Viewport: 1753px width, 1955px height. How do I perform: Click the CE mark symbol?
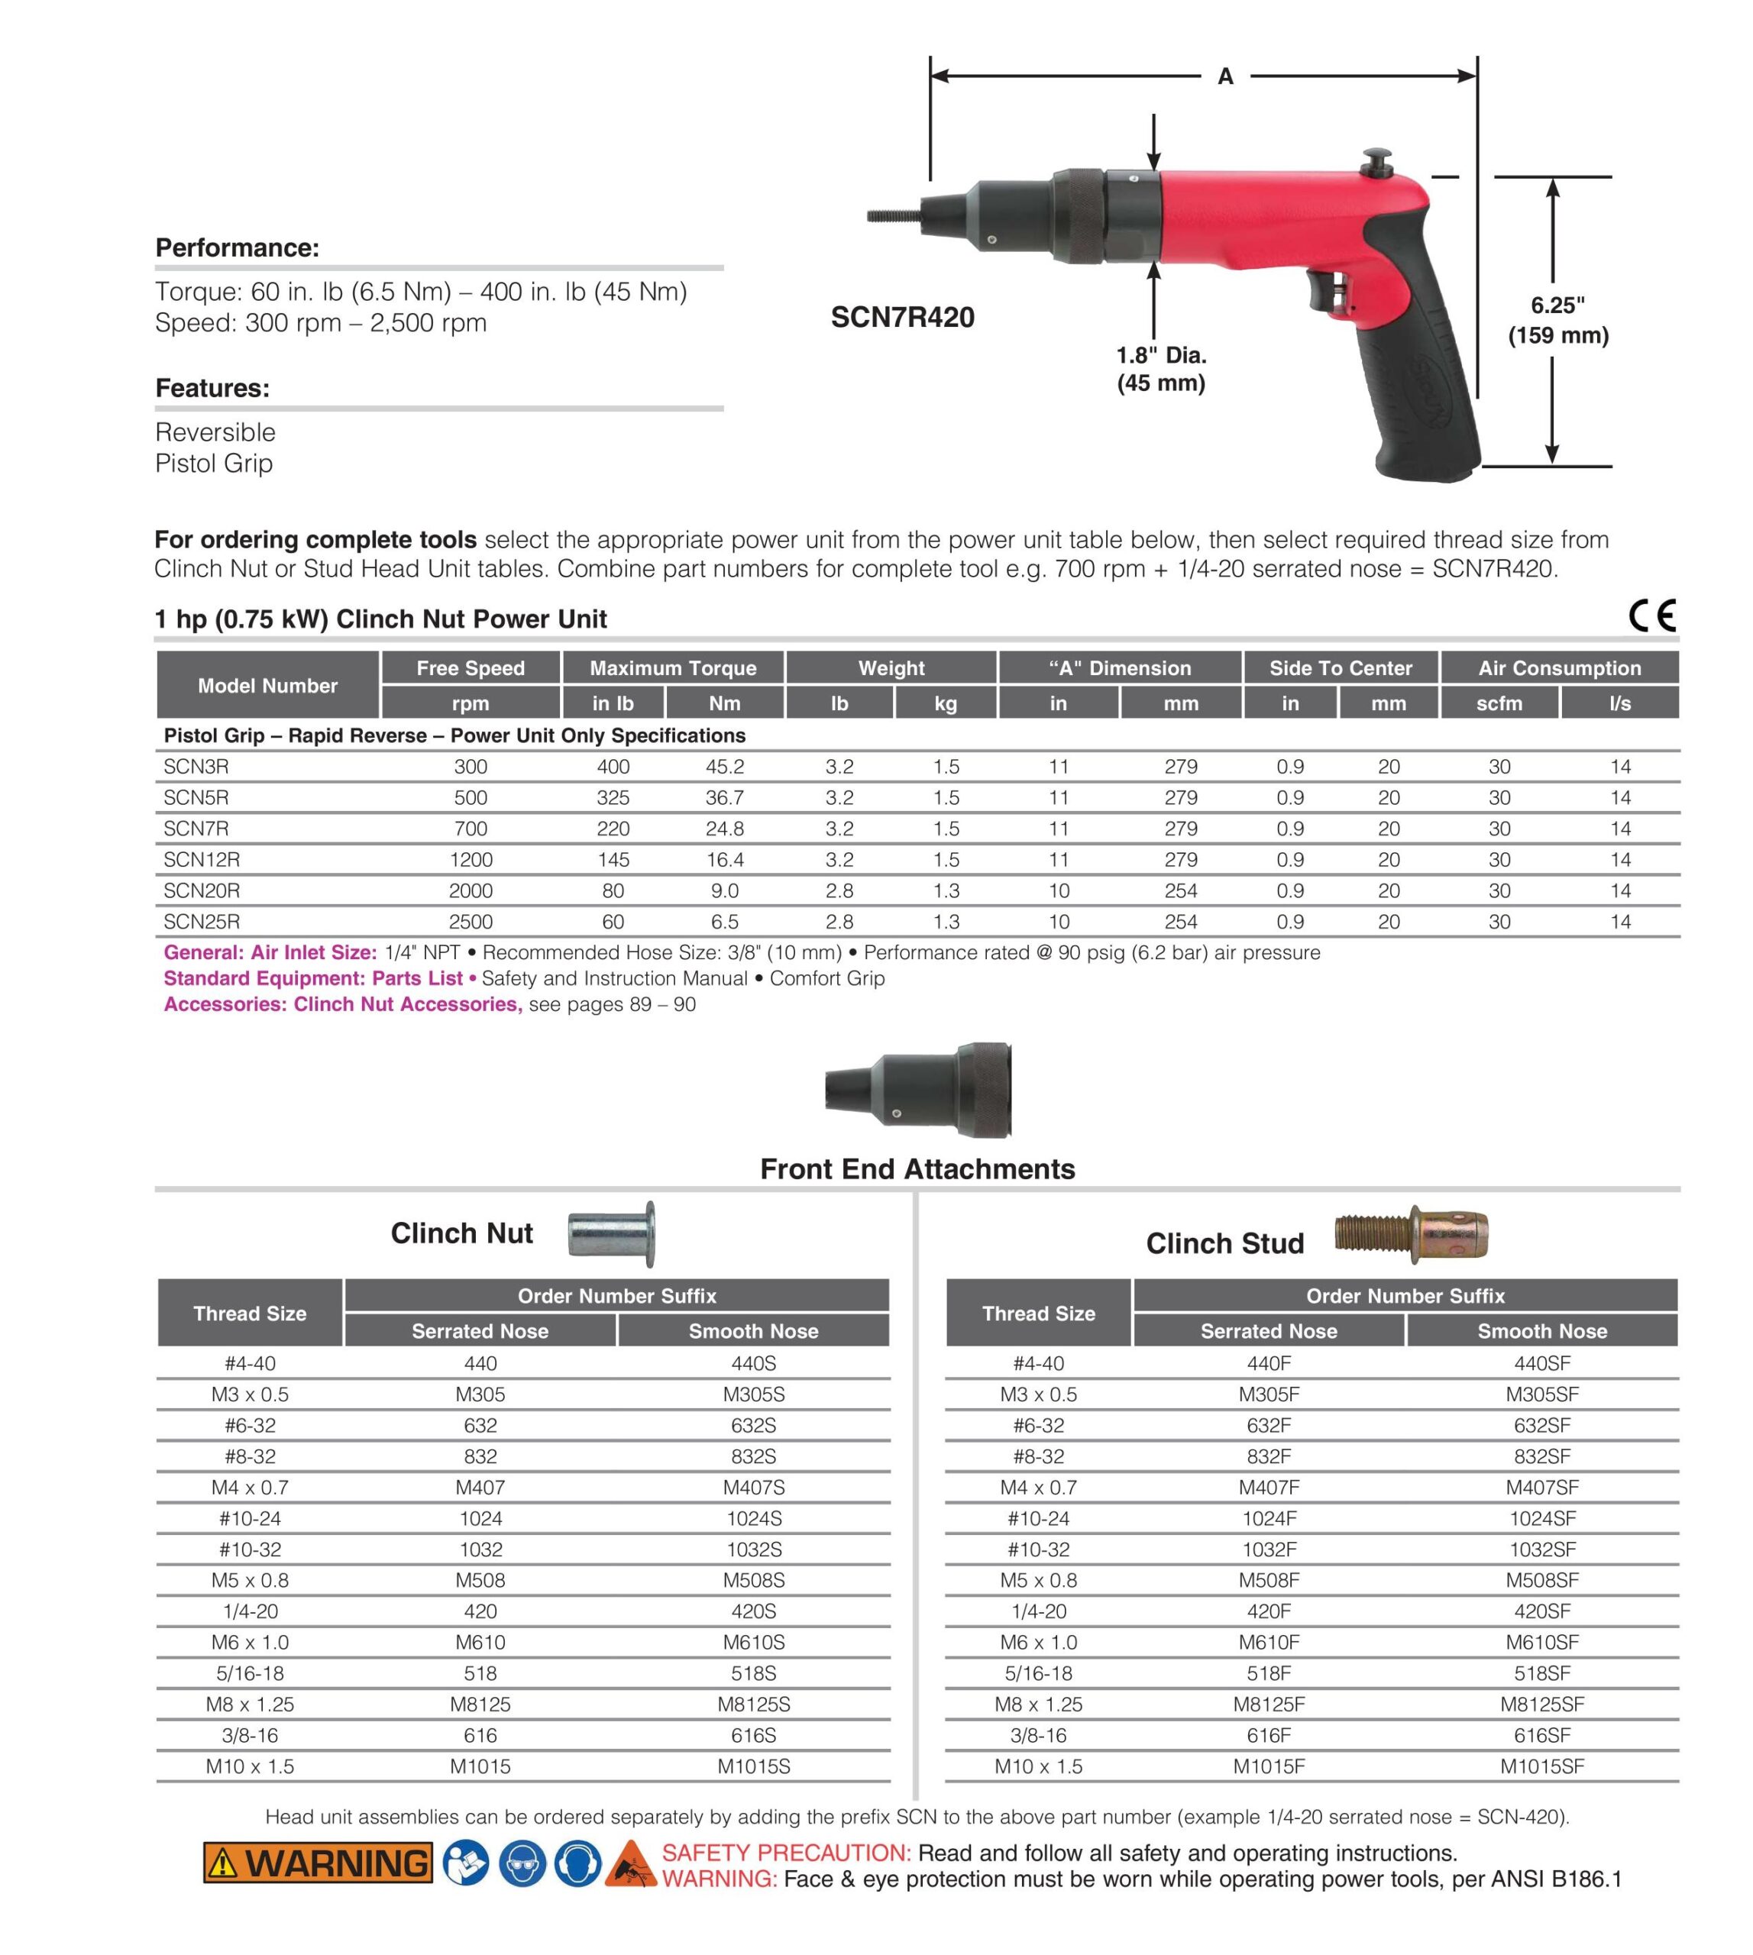(x=1652, y=616)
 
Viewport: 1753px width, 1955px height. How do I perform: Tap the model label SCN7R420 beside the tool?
(x=903, y=317)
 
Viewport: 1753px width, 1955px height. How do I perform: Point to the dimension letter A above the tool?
(x=1225, y=76)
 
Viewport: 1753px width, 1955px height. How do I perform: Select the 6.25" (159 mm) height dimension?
(x=1557, y=321)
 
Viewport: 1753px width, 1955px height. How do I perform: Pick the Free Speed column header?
(x=470, y=668)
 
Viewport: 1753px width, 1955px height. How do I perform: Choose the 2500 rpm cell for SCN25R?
(x=470, y=922)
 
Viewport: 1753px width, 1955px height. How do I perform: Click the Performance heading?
(x=237, y=247)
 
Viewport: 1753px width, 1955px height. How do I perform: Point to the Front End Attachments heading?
(x=917, y=1169)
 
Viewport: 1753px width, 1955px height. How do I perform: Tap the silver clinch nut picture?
(x=612, y=1233)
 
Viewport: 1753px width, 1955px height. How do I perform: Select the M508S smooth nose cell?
(x=753, y=1580)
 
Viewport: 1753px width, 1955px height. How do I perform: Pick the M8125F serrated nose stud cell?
(x=1269, y=1705)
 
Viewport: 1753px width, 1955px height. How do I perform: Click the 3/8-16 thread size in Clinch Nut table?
(x=250, y=1735)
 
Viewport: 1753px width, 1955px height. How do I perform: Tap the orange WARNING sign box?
(x=318, y=1863)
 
